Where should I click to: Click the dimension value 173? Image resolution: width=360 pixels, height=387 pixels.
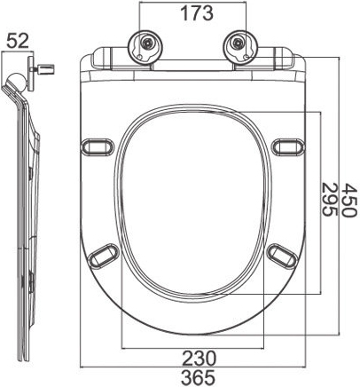(197, 13)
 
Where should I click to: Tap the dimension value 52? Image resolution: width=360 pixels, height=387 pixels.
(18, 41)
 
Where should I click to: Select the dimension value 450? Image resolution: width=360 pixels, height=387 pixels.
(349, 201)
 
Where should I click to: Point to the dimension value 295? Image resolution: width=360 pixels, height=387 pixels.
(329, 200)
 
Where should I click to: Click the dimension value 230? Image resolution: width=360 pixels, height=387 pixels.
(199, 358)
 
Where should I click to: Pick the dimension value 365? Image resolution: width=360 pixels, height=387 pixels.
(198, 377)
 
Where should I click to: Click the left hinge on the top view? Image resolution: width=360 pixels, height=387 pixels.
(145, 46)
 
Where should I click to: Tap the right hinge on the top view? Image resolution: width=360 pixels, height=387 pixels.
(239, 46)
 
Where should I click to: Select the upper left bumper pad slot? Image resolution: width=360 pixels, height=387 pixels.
(98, 146)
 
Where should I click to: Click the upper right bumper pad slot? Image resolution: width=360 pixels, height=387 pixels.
(288, 146)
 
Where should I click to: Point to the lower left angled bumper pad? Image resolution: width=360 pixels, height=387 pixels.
(104, 255)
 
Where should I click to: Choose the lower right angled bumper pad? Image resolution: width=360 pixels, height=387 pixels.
(282, 255)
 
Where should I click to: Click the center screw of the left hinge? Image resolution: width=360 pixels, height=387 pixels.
(145, 43)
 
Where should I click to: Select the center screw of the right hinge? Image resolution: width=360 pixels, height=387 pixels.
(238, 43)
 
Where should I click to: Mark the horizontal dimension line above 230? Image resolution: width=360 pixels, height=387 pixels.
(192, 348)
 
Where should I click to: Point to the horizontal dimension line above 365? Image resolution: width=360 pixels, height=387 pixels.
(192, 367)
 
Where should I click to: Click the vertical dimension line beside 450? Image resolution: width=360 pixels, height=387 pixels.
(340, 195)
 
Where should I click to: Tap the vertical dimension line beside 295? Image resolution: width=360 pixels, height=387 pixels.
(321, 203)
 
